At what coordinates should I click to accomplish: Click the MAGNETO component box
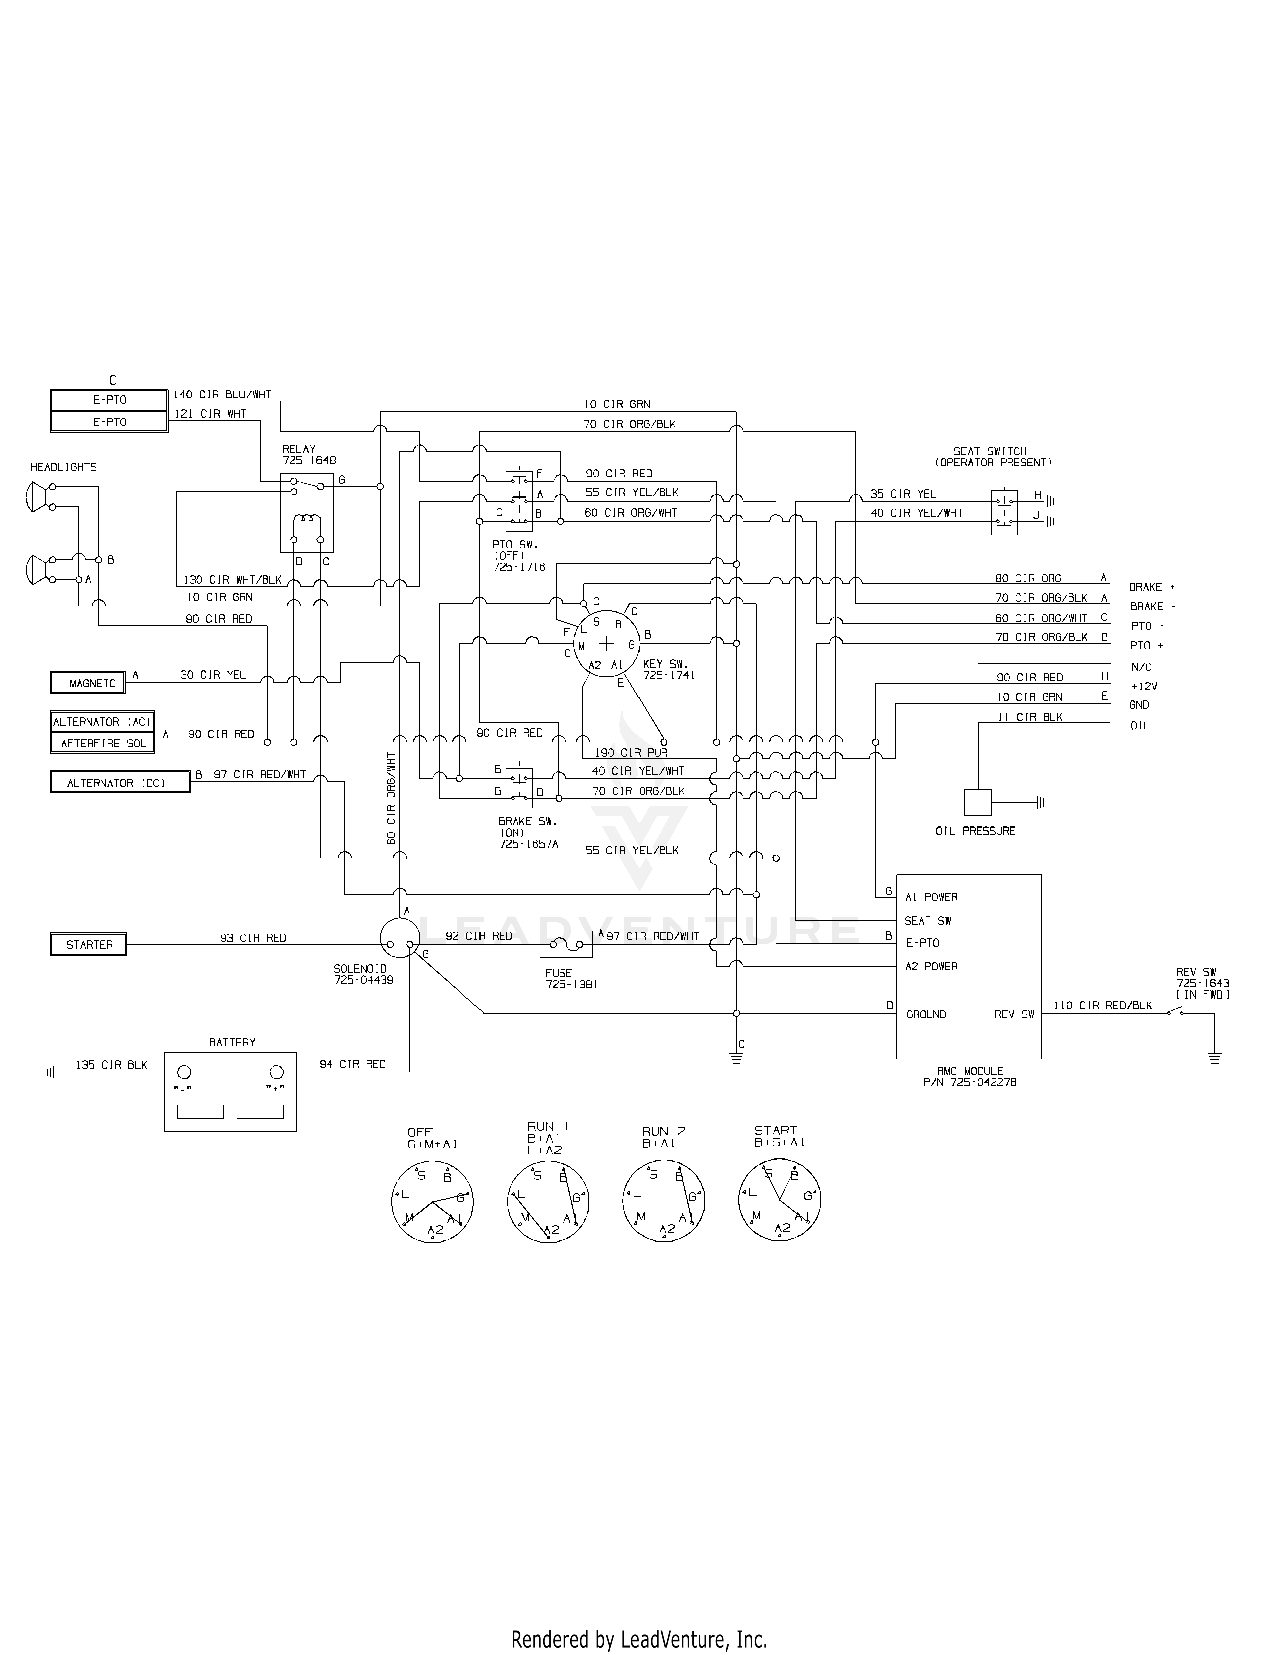point(88,683)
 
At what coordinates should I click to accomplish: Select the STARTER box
point(89,945)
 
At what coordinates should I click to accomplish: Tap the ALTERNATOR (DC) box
point(120,782)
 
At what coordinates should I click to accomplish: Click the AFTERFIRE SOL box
point(102,743)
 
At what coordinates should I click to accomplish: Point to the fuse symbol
point(566,945)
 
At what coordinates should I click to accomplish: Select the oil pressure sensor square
point(978,802)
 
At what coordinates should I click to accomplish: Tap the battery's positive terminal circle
point(277,1072)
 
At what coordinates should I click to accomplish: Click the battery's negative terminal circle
point(184,1072)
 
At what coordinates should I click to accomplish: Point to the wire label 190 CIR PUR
point(631,752)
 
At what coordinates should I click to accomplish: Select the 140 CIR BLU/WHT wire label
point(222,395)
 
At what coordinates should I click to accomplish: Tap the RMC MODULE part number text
point(970,1082)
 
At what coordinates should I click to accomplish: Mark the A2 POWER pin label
point(931,966)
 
